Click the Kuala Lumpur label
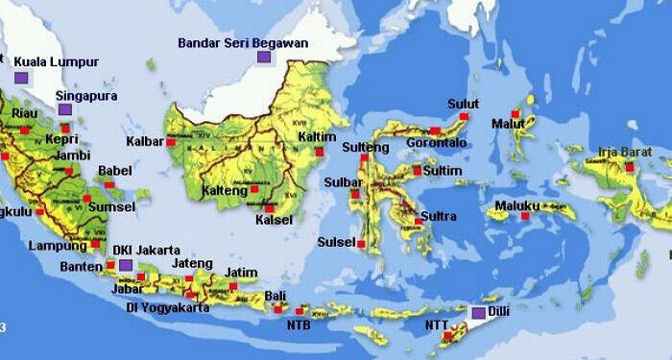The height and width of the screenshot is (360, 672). point(57,62)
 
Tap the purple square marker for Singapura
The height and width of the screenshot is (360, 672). point(64,109)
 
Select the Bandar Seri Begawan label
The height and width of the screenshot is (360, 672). point(243,43)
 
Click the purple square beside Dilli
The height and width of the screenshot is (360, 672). point(478,313)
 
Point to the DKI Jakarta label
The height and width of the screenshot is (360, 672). point(146,250)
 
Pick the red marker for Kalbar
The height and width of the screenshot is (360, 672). point(171,142)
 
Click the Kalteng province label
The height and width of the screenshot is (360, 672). point(224,190)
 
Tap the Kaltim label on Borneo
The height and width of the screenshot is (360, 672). point(317,137)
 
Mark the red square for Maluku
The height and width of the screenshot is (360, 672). point(524,216)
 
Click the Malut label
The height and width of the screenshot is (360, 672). point(508,124)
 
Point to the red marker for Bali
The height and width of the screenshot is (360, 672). point(277,308)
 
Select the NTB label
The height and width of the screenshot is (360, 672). point(299,324)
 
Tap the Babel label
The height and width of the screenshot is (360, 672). point(114,171)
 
